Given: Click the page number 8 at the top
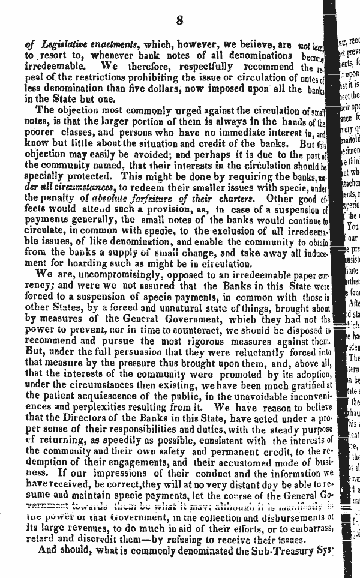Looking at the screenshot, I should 179,22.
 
